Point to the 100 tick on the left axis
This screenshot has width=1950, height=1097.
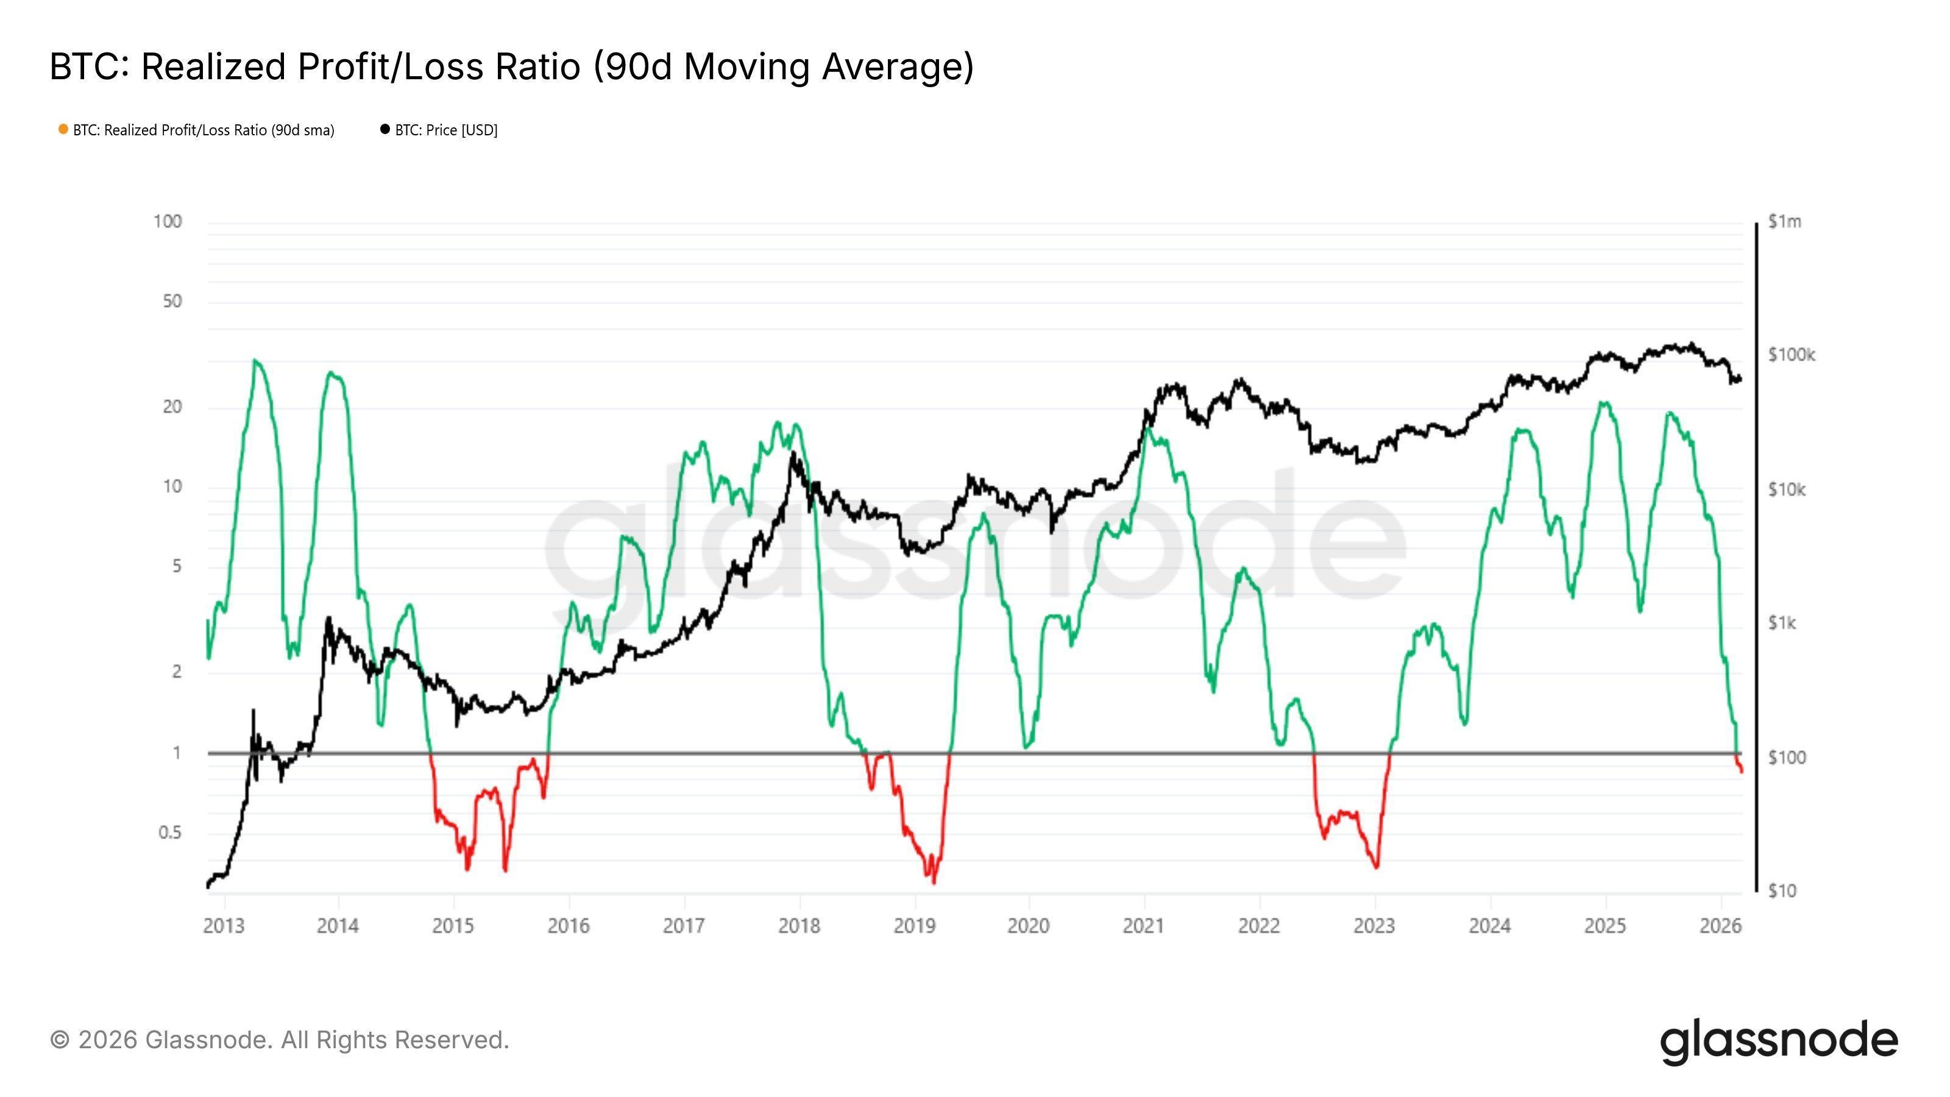click(168, 221)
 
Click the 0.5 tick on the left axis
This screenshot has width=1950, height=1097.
click(169, 832)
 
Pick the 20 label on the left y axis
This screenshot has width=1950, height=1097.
click(172, 406)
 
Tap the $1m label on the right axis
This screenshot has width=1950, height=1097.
click(1784, 222)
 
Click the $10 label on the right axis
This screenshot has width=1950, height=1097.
click(1781, 891)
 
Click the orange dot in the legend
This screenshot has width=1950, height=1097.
click(63, 129)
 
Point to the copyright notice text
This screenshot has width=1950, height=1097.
click(279, 1040)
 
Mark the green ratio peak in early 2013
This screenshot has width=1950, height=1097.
click(255, 361)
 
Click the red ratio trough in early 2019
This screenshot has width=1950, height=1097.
click(934, 881)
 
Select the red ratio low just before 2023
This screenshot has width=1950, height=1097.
click(1375, 867)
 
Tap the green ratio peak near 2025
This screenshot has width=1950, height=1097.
click(1603, 403)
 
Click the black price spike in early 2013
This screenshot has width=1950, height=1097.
click(253, 711)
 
